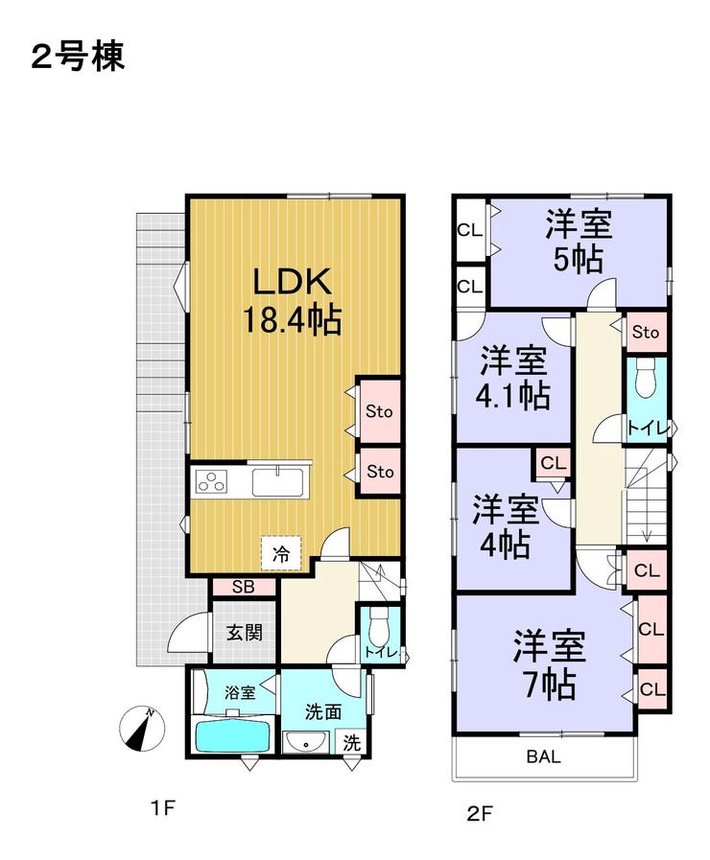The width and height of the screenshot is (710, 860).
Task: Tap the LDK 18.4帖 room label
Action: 292,299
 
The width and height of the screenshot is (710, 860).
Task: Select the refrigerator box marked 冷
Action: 282,553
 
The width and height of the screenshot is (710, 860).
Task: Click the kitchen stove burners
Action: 211,480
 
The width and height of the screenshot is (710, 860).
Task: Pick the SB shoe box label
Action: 244,587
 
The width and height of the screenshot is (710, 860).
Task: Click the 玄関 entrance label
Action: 244,633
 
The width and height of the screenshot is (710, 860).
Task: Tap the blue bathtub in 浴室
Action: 232,737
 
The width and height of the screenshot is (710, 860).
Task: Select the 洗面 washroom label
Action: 323,711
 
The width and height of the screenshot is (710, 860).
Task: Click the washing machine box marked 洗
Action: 352,741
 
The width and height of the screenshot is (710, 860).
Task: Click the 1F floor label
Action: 162,809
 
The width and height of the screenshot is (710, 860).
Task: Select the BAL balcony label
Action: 543,756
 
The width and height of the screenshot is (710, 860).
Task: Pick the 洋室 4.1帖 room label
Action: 514,377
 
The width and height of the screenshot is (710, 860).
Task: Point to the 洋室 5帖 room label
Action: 579,243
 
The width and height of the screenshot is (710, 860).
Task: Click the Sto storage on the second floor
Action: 646,333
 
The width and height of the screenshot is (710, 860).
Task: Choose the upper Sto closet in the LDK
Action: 379,411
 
